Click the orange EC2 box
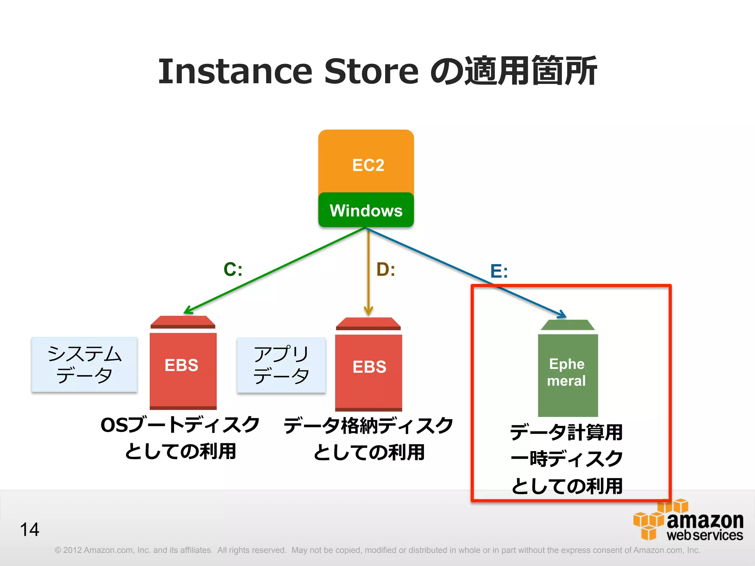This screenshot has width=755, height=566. point(366,162)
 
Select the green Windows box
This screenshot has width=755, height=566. point(366,210)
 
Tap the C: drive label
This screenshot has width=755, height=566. point(233,269)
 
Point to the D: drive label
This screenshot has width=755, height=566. point(386,270)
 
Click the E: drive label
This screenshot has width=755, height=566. point(499,272)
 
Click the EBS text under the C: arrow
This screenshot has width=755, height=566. point(181,366)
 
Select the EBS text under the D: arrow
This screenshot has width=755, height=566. point(369,367)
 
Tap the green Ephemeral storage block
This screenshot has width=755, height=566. point(567,372)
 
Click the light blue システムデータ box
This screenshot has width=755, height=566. point(84,364)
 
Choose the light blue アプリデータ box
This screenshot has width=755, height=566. point(281,365)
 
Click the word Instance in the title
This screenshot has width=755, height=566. point(235,71)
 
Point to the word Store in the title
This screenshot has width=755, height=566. point(371,71)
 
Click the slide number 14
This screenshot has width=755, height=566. point(29,530)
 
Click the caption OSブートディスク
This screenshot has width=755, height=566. point(180,425)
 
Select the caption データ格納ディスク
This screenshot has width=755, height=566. point(368,426)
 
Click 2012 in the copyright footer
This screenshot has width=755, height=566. point(72,550)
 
